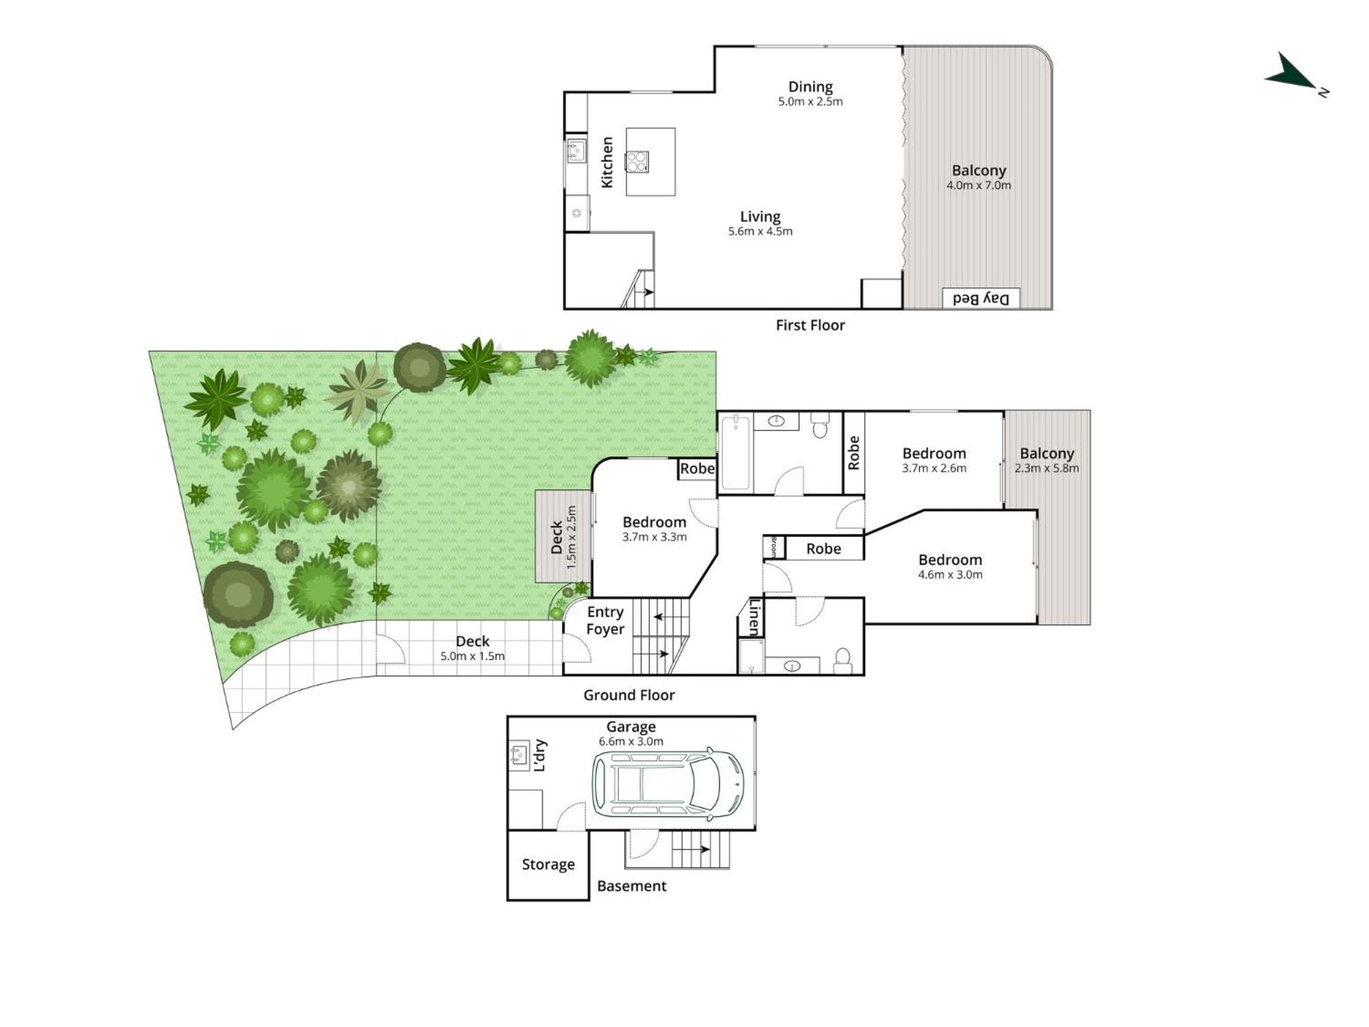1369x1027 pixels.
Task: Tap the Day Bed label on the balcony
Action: [x=981, y=299]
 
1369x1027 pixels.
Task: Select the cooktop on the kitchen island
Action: [x=637, y=162]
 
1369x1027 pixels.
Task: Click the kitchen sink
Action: [x=576, y=151]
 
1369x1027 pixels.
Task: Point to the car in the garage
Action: [x=668, y=784]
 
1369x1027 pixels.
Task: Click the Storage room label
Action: [x=548, y=864]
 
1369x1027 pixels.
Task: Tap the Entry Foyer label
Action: [x=605, y=620]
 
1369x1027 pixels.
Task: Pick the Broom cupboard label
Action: [x=774, y=547]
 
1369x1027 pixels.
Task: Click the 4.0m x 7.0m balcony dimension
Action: [x=979, y=186]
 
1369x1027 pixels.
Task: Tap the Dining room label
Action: [x=810, y=87]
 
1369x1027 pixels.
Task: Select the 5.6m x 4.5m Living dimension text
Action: [x=760, y=231]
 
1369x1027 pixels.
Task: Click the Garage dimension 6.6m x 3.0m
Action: [x=631, y=741]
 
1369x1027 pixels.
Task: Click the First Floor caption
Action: [x=810, y=325]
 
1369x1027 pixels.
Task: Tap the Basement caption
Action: [x=632, y=886]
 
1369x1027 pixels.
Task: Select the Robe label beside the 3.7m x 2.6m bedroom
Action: [x=854, y=453]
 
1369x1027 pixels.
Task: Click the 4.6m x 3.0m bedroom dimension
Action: [x=950, y=575]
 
